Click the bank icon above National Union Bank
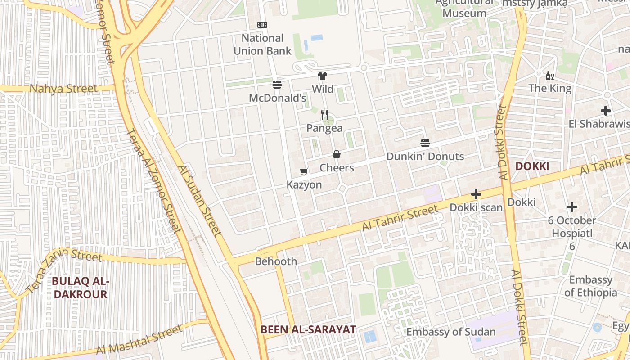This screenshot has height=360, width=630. [x=262, y=25]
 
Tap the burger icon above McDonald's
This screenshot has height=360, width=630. [x=277, y=84]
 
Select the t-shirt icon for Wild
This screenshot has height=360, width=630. [x=323, y=76]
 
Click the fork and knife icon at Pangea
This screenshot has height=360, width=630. [x=324, y=115]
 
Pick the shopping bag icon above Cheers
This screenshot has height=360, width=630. [x=337, y=154]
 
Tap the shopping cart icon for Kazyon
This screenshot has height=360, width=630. [x=304, y=171]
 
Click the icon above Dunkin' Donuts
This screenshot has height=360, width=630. [x=425, y=143]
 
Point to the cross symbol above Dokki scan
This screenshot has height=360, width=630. [x=476, y=194]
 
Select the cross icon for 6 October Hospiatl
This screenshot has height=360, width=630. [x=572, y=207]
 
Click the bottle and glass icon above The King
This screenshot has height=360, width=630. [x=550, y=76]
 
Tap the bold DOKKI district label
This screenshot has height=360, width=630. [x=532, y=166]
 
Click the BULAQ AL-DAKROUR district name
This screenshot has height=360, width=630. [x=80, y=288]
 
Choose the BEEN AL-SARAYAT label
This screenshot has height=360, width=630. [x=308, y=329]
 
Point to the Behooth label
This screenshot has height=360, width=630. [x=276, y=261]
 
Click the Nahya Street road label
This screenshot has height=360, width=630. [x=63, y=89]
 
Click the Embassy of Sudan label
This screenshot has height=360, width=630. [x=451, y=332]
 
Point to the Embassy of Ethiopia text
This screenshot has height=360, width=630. [x=591, y=286]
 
